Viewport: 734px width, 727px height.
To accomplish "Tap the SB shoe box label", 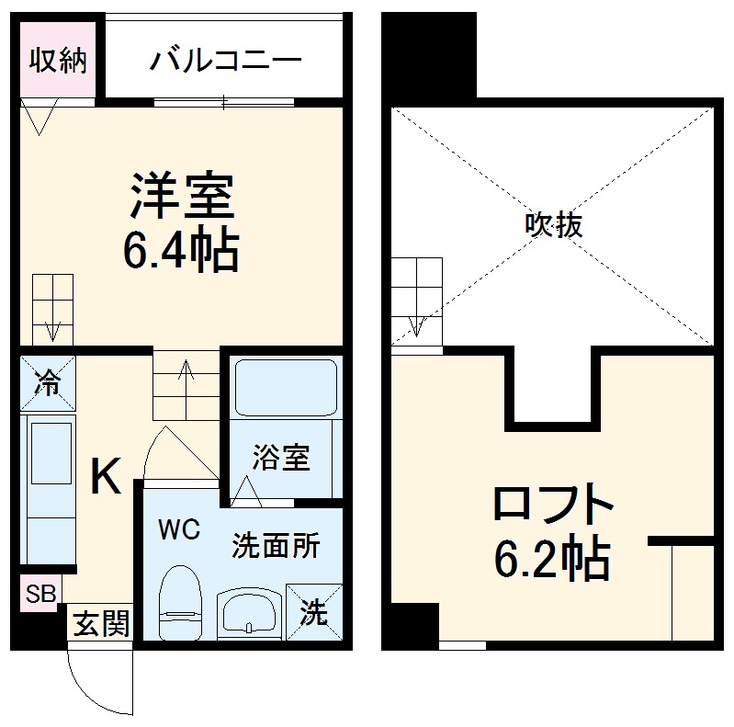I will coord(39,594).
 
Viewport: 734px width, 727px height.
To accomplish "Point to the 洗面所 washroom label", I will coord(275,545).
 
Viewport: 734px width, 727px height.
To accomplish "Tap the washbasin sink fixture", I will coord(251,612).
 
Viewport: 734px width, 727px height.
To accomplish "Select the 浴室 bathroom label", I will coord(282,457).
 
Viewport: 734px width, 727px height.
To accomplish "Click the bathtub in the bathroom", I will coord(285,388).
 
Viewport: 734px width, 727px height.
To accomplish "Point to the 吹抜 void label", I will coord(554,224).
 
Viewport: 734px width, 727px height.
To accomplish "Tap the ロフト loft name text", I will coord(552,505).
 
